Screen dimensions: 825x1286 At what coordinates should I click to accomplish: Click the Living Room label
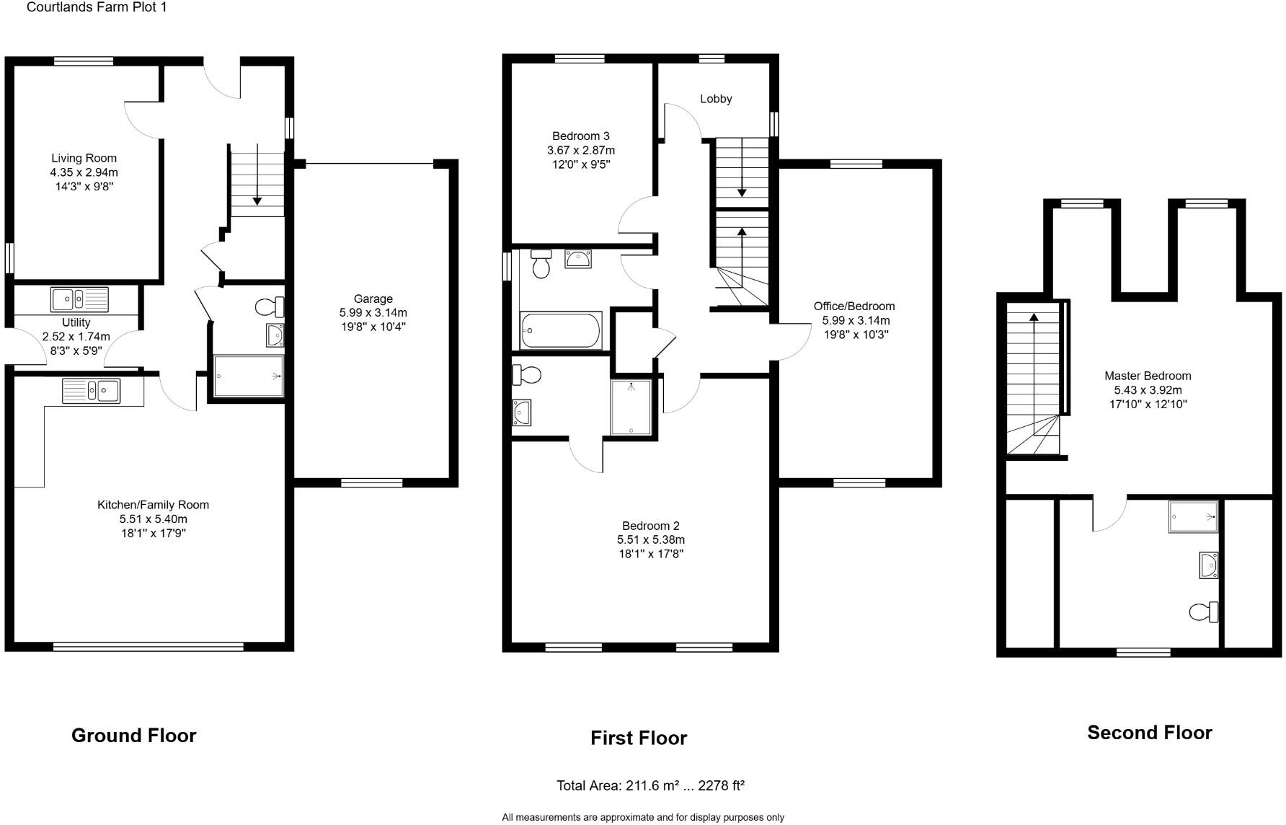click(x=84, y=158)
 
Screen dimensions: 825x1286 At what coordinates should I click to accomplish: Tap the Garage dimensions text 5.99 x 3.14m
click(x=373, y=312)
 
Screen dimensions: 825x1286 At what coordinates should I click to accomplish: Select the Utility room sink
click(x=79, y=297)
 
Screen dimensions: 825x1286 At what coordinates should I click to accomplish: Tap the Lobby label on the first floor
click(x=716, y=99)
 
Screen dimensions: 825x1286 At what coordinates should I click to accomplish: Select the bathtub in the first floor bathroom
click(x=561, y=331)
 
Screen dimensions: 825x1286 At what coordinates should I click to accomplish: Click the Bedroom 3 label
click(x=580, y=136)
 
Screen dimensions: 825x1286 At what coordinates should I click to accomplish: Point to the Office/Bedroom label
click(x=854, y=306)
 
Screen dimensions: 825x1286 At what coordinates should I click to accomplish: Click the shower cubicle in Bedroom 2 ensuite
click(x=631, y=407)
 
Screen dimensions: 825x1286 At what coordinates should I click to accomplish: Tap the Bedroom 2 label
click(x=650, y=526)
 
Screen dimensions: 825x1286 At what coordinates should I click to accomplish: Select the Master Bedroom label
click(x=1148, y=376)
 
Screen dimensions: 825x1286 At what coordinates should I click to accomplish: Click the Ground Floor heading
click(x=133, y=736)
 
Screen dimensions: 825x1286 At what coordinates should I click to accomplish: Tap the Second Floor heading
click(x=1149, y=733)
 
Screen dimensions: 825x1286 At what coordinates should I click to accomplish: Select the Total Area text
click(x=649, y=785)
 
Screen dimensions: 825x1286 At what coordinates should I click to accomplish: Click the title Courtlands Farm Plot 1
click(x=97, y=8)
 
